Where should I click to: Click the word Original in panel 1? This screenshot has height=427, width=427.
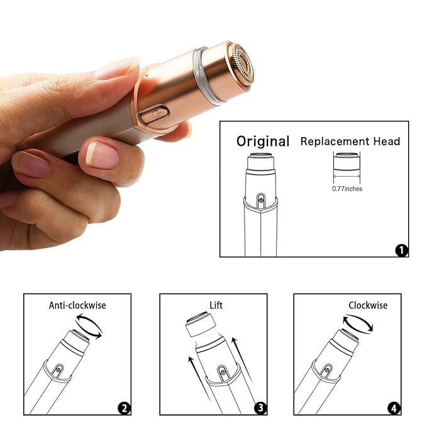263,141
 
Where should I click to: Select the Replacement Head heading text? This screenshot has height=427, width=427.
350,141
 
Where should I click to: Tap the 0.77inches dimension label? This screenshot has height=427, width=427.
347,189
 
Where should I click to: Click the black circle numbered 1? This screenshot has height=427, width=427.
401,250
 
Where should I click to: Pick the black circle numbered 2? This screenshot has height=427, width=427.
125,409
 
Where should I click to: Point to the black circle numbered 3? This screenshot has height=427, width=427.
259,409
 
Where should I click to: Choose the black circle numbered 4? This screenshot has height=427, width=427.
394,409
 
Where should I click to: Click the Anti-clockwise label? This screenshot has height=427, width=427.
77,306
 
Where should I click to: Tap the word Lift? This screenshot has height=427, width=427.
216,306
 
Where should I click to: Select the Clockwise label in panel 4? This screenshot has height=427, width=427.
368,306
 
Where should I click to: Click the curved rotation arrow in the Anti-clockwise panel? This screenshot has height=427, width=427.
88,327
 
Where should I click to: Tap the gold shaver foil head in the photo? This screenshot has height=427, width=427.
241,65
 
